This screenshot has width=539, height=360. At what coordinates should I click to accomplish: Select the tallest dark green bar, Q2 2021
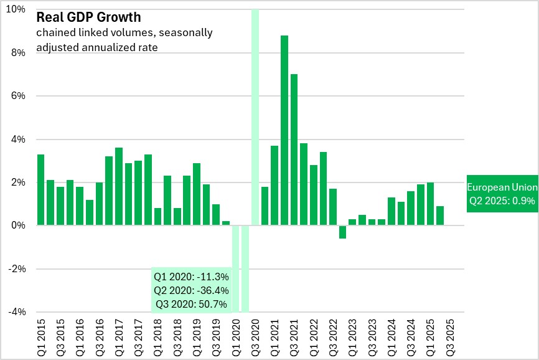click(x=284, y=130)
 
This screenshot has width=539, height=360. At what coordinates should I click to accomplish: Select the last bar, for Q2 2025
click(x=439, y=216)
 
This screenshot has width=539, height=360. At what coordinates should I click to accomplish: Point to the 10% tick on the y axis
click(x=17, y=10)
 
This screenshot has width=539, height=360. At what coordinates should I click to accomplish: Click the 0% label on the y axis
click(x=19, y=225)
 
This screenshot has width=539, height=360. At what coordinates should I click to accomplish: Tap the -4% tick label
click(x=17, y=312)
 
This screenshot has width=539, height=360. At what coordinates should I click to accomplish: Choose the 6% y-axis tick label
click(x=19, y=96)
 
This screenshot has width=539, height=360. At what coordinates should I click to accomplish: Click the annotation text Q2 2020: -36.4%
click(x=191, y=290)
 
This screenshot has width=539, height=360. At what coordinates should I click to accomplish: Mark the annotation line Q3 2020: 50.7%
click(x=191, y=305)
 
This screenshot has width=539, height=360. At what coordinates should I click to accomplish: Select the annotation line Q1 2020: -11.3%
click(x=191, y=277)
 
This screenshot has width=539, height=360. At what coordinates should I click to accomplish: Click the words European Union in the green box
click(x=502, y=187)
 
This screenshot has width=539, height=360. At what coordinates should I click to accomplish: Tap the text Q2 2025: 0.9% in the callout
click(x=502, y=201)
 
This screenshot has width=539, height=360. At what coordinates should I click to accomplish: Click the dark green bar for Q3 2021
click(x=294, y=149)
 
